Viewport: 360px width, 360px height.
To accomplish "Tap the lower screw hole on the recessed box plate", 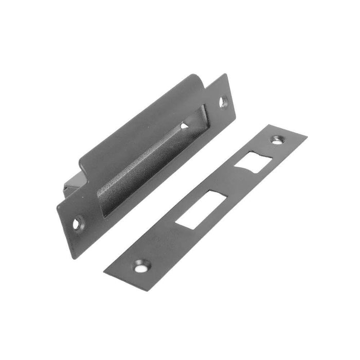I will [x=76, y=223].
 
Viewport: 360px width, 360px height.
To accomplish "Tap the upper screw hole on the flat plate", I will [x=278, y=139].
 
